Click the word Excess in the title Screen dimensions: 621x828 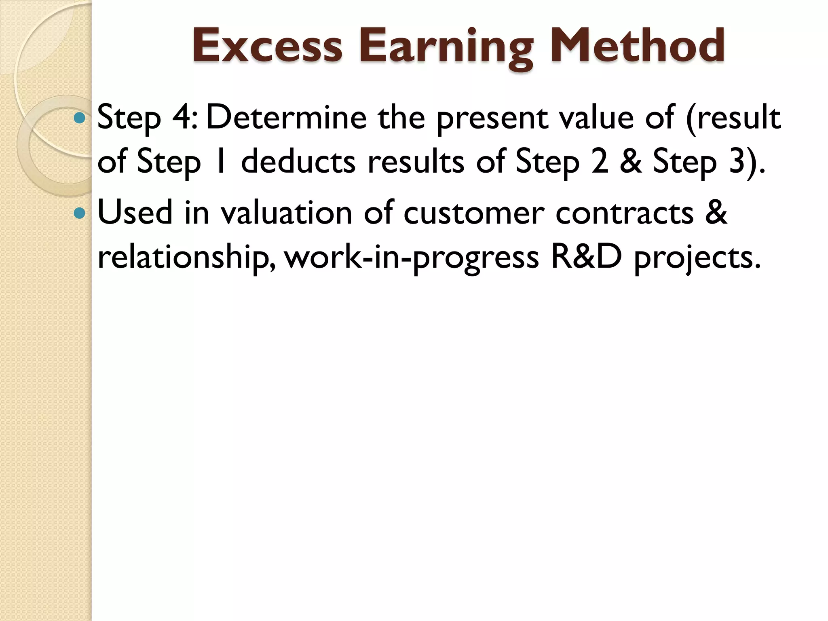(x=267, y=46)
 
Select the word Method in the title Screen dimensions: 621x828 (x=637, y=46)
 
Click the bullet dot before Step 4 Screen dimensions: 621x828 (x=80, y=118)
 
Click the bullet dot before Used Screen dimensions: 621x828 (x=80, y=213)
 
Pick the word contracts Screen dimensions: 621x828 (x=624, y=213)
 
